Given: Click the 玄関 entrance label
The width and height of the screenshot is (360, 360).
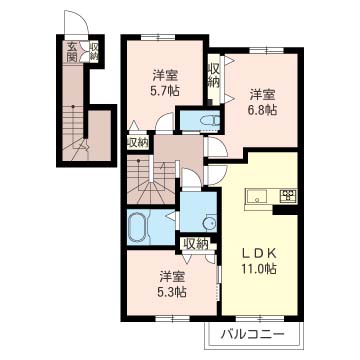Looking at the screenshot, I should [x=72, y=52].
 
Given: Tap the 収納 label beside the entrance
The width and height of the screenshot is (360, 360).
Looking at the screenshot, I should [x=94, y=52].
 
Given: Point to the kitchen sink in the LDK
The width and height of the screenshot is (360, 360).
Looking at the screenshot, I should [x=256, y=196].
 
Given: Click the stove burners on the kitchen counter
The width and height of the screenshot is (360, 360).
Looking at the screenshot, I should [x=288, y=195].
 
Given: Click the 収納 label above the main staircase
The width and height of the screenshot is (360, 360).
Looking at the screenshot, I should [x=138, y=142].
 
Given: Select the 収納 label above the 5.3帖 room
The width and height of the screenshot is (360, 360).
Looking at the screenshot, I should [x=195, y=243].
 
